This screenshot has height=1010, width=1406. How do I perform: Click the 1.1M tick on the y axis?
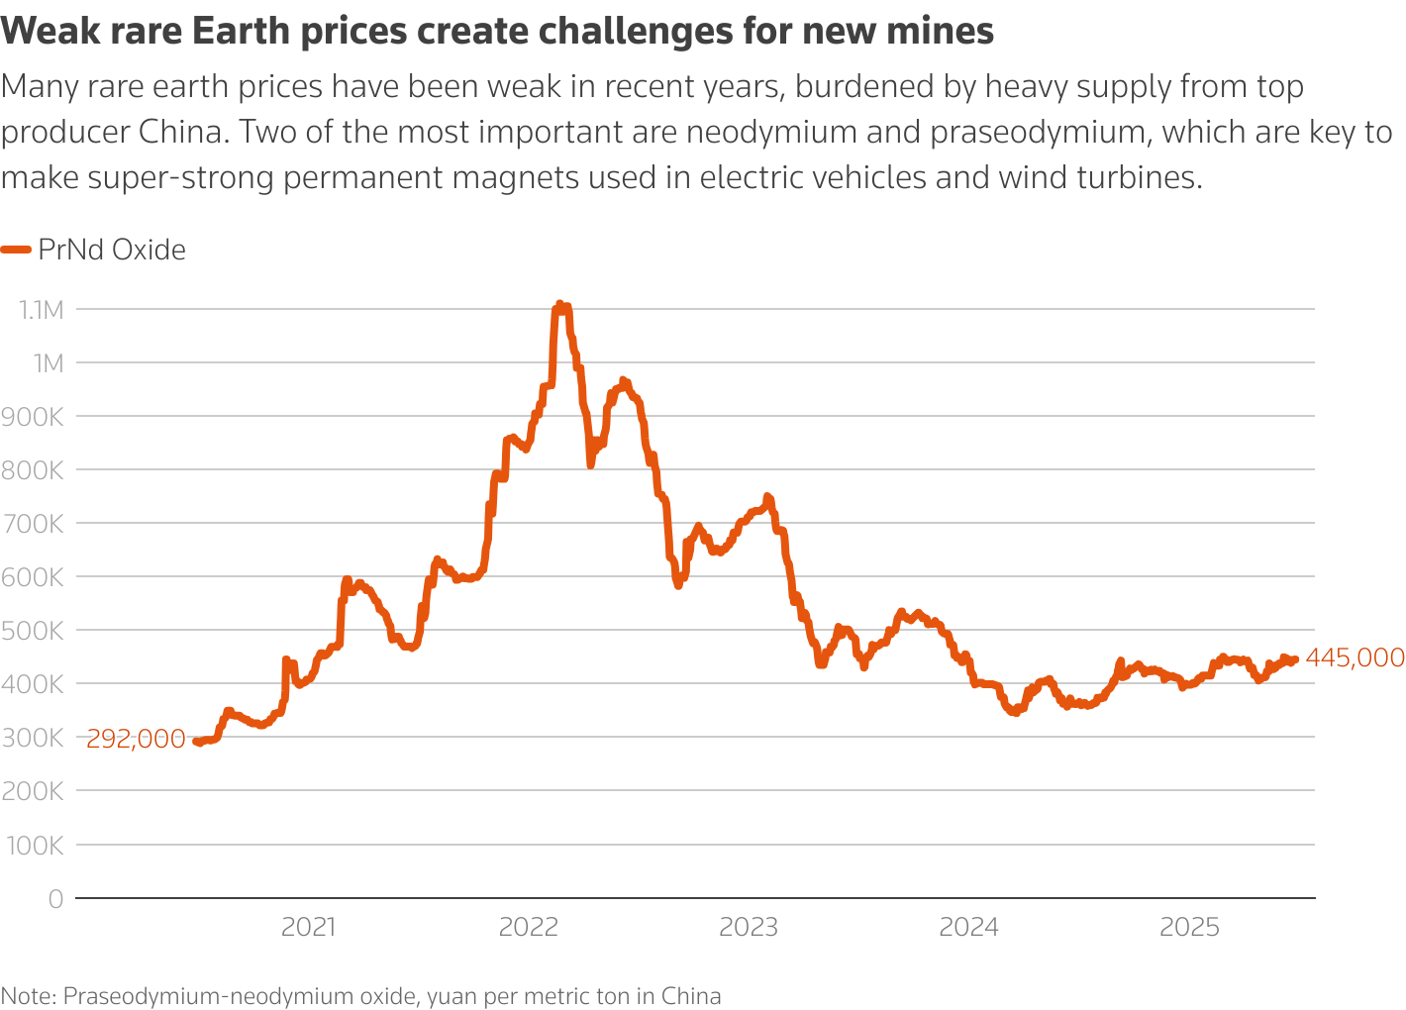tap(41, 310)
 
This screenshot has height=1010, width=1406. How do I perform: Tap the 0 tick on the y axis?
tap(55, 899)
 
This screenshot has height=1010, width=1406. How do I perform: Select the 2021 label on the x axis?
tap(309, 928)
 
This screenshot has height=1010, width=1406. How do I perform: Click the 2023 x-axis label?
tap(749, 928)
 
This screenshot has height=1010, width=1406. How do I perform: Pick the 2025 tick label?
tap(1189, 928)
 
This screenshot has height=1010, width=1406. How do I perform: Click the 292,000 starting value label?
tap(136, 739)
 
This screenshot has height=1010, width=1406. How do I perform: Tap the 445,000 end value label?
tap(1355, 657)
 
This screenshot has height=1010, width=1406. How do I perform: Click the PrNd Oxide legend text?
tap(112, 250)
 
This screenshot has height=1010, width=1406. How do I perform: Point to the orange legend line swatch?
tap(16, 250)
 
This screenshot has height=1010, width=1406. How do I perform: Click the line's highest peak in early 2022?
tap(559, 305)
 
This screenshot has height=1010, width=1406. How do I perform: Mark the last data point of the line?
tap(1295, 660)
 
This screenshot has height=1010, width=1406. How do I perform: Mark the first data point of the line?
tap(196, 741)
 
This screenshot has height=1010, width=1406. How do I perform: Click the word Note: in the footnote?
tap(29, 996)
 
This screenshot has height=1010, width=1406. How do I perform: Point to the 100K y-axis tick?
tap(36, 846)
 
